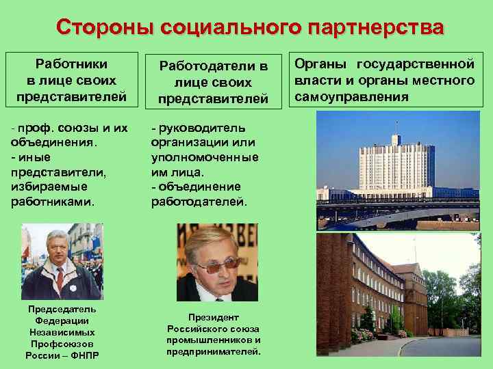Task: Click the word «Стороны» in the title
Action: pos(104,27)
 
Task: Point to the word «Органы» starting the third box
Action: pos(318,64)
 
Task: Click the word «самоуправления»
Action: pos(351,97)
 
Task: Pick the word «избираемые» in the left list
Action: pos(49,186)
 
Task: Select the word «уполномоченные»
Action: pos(205,157)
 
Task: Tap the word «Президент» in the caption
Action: pos(214,317)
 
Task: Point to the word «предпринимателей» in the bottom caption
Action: pos(213,351)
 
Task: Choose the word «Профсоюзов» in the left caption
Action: pos(62,343)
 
